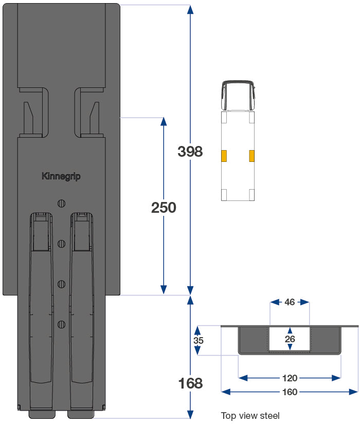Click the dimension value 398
[x=190, y=152]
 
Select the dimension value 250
[x=164, y=208]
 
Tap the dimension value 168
[x=190, y=383]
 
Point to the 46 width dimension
[x=290, y=302]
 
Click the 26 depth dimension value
[x=290, y=339]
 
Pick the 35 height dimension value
[x=198, y=340]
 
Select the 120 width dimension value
[x=290, y=378]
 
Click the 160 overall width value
[x=290, y=392]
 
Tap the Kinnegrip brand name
[x=61, y=176]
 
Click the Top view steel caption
[x=250, y=415]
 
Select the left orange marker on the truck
[x=224, y=156]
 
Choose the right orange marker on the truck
[x=252, y=156]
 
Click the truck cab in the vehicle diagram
[x=238, y=96]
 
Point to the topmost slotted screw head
[x=61, y=202]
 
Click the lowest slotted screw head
[x=61, y=324]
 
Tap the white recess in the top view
[x=290, y=339]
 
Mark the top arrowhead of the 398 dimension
[x=190, y=9]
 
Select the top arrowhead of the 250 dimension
[x=164, y=122]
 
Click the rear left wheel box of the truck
[x=224, y=195]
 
